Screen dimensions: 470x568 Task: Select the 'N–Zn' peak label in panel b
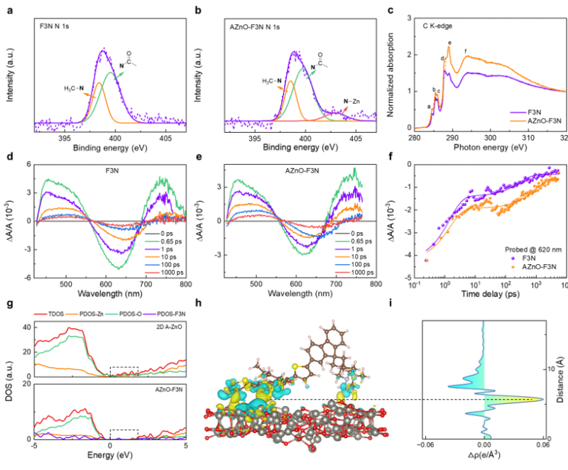pyautogui.click(x=351, y=102)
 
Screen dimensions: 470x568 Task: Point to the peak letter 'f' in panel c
pyautogui.click(x=465, y=51)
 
